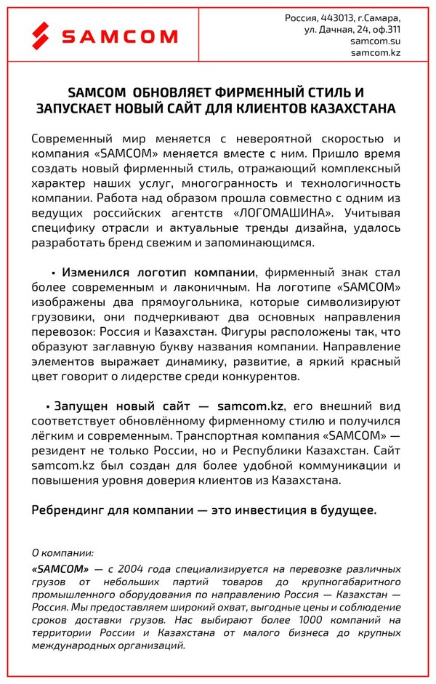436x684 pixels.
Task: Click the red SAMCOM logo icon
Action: coord(41,34)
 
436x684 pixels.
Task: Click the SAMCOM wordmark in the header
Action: coord(119,36)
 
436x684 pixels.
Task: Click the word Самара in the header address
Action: coord(384,17)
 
